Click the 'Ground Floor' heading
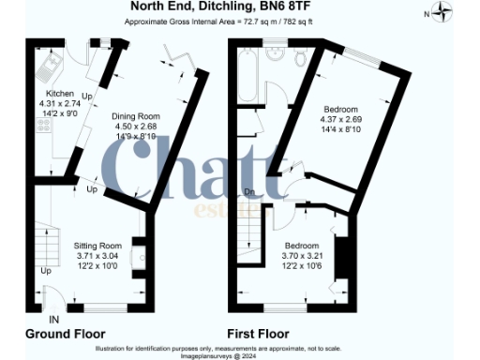coord(64,334)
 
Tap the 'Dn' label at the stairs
coord(249,193)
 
